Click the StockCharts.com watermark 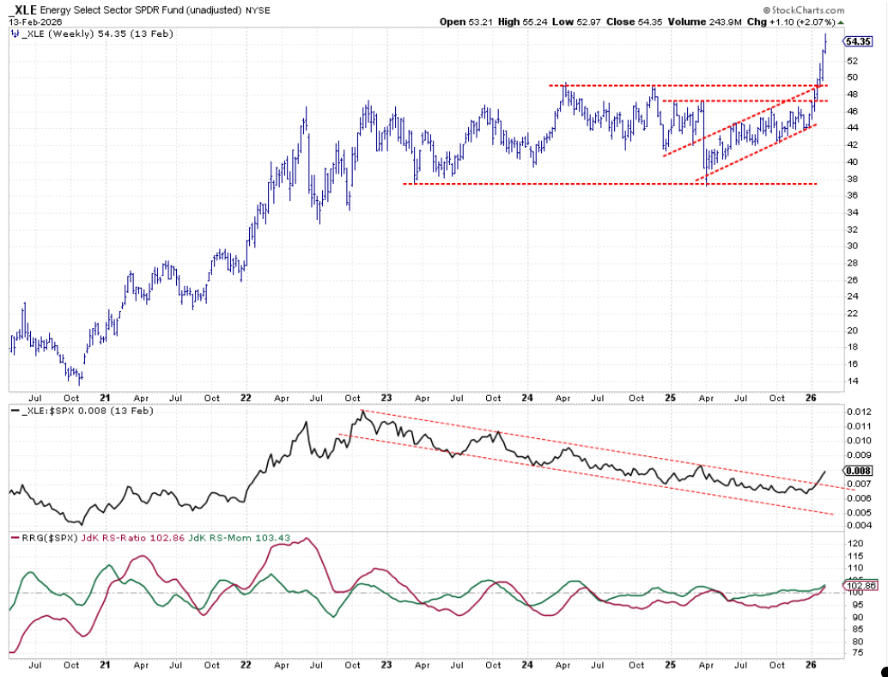803,10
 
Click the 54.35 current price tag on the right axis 858,41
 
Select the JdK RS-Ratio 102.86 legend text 134,538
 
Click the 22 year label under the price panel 246,399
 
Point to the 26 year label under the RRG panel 811,666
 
